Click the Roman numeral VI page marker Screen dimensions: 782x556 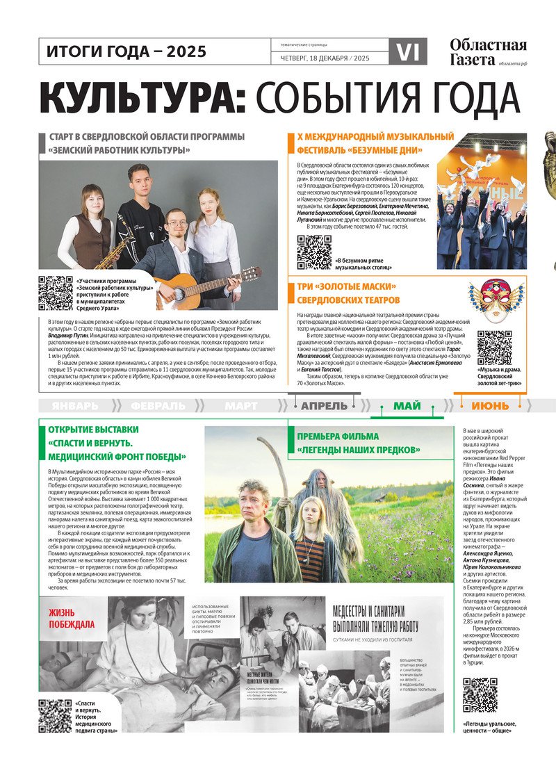click(408, 52)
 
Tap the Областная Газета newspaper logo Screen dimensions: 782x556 click(488, 51)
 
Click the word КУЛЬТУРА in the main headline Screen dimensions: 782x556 click(142, 99)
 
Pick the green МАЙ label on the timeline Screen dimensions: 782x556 click(407, 406)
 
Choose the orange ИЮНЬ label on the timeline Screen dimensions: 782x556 click(490, 406)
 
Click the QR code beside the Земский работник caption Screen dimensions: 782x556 click(56, 293)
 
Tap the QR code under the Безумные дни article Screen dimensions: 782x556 click(314, 252)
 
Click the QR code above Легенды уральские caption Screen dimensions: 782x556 click(480, 695)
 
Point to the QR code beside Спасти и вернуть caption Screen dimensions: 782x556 click(56, 716)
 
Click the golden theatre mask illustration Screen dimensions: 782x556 click(496, 300)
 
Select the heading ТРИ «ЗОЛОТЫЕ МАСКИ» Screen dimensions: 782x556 click(347, 287)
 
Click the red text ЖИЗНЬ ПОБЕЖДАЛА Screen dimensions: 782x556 click(72, 618)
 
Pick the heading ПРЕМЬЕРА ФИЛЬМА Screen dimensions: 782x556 click(338, 437)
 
